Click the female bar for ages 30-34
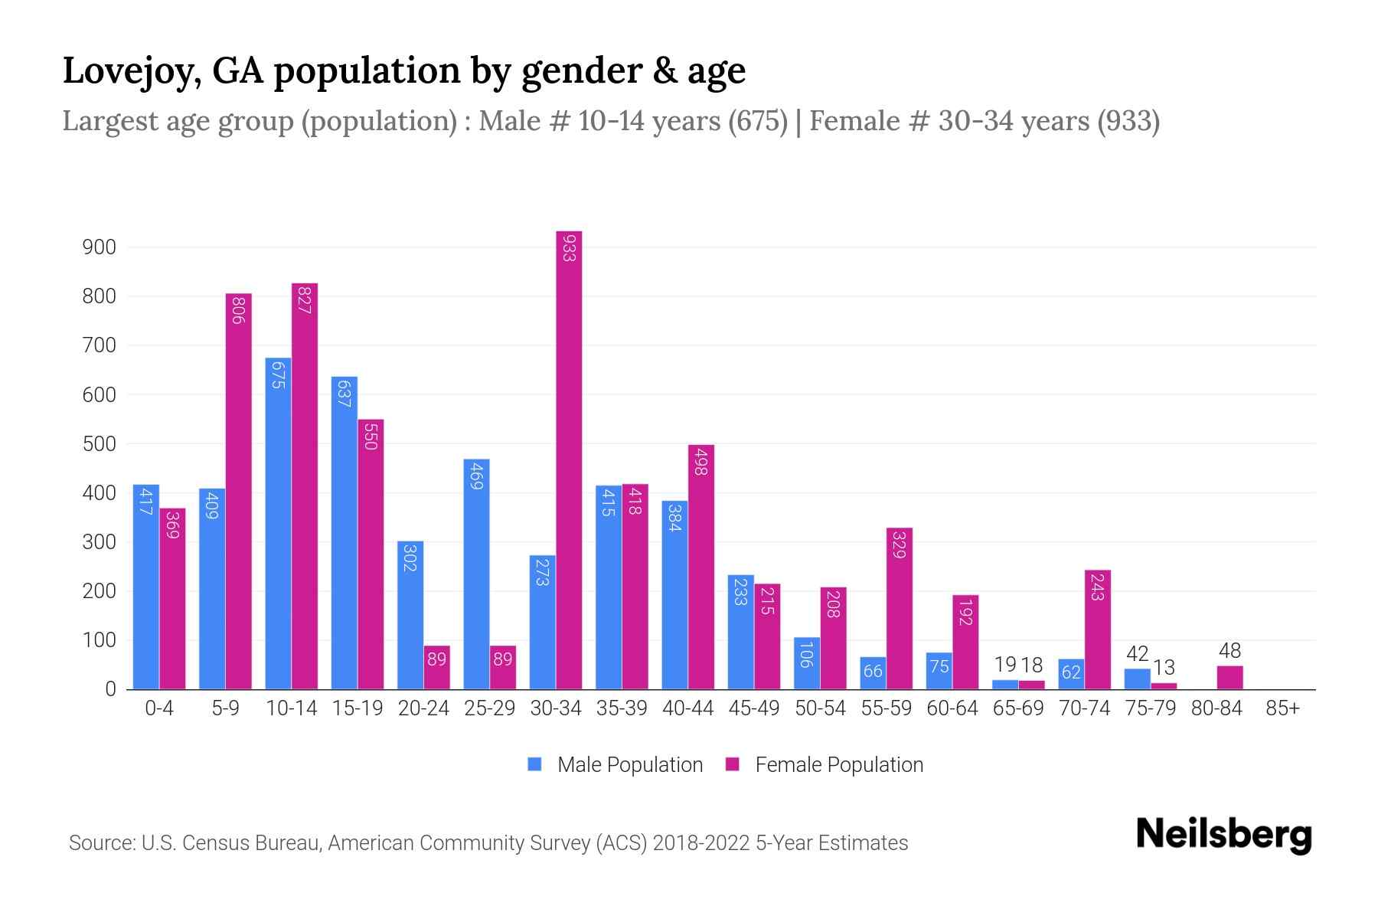pos(569,459)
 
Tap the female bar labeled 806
pos(238,491)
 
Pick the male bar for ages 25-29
pos(476,574)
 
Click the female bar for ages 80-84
pos(1229,677)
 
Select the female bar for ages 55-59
pos(900,608)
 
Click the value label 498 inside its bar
pos(700,463)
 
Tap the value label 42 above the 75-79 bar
pos(1138,654)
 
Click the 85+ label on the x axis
pos(1282,708)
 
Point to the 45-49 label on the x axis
pos(754,708)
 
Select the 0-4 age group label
pos(159,708)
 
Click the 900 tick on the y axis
pos(99,247)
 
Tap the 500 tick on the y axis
pos(99,444)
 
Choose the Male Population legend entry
pos(629,765)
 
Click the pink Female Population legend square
pos(733,764)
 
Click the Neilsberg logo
pos(1223,834)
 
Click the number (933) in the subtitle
pos(1128,121)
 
